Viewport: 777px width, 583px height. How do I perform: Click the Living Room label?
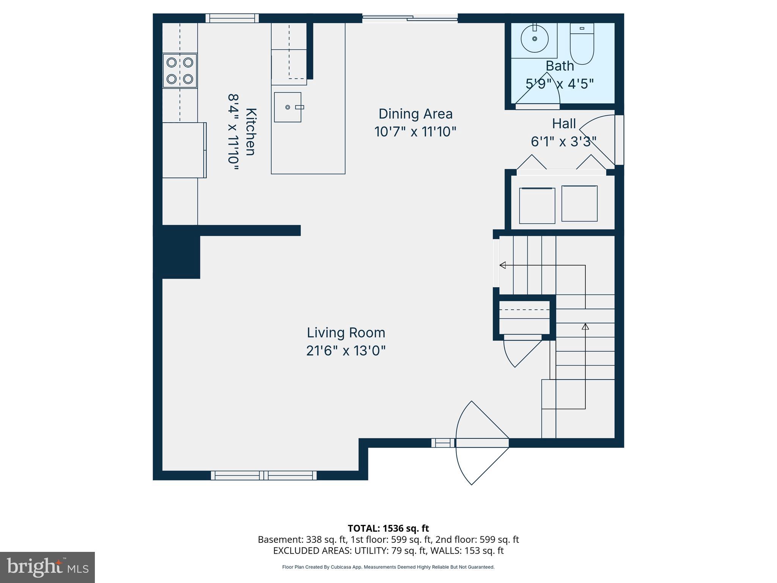(346, 332)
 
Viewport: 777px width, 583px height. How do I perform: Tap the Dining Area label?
(415, 114)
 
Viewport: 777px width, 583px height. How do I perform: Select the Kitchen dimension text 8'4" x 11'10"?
(233, 134)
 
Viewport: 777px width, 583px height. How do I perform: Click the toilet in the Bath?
(582, 44)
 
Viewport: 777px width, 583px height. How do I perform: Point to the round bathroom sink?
(535, 38)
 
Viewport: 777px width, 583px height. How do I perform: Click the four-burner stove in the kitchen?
(180, 71)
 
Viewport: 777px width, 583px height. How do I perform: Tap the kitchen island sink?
(288, 107)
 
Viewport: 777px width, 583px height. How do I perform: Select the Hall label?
(564, 124)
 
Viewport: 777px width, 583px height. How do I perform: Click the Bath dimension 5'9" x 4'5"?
(560, 84)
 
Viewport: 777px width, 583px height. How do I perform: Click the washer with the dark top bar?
(537, 205)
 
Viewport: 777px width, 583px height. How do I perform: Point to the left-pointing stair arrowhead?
(503, 265)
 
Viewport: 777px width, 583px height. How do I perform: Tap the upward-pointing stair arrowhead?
(585, 326)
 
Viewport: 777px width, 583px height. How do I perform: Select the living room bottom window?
(264, 475)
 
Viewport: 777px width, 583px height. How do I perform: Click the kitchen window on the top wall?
(232, 18)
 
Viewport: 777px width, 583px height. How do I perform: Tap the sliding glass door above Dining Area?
(410, 17)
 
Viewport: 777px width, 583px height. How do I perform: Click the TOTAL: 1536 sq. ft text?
(388, 528)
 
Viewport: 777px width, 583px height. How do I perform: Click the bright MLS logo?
(47, 567)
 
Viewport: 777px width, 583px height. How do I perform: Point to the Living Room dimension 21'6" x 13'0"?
(346, 351)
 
